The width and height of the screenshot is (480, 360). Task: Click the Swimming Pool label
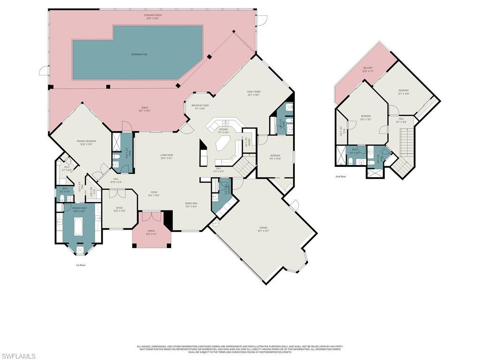tap(139, 54)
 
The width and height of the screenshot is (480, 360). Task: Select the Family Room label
tap(254, 93)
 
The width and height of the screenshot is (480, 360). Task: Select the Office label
tap(120, 209)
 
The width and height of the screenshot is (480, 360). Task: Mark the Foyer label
tap(153, 194)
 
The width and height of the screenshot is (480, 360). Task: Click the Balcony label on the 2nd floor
tap(368, 69)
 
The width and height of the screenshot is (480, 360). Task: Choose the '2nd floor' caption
tap(341, 177)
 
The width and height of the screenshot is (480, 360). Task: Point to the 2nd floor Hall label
tap(402, 120)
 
